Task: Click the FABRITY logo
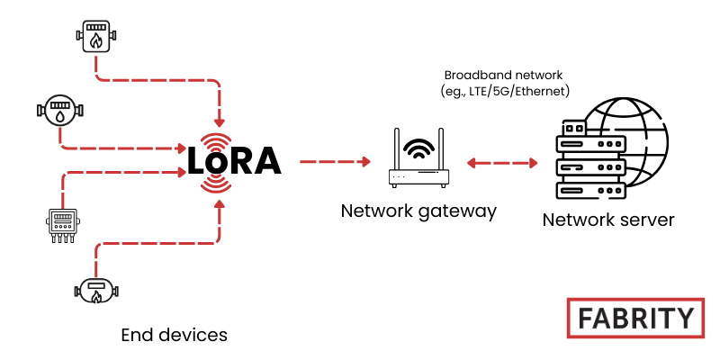click(634, 318)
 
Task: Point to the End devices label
click(174, 336)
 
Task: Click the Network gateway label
click(418, 211)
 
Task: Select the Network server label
click(607, 220)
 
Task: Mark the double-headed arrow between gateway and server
click(502, 163)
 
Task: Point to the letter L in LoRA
click(198, 161)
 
